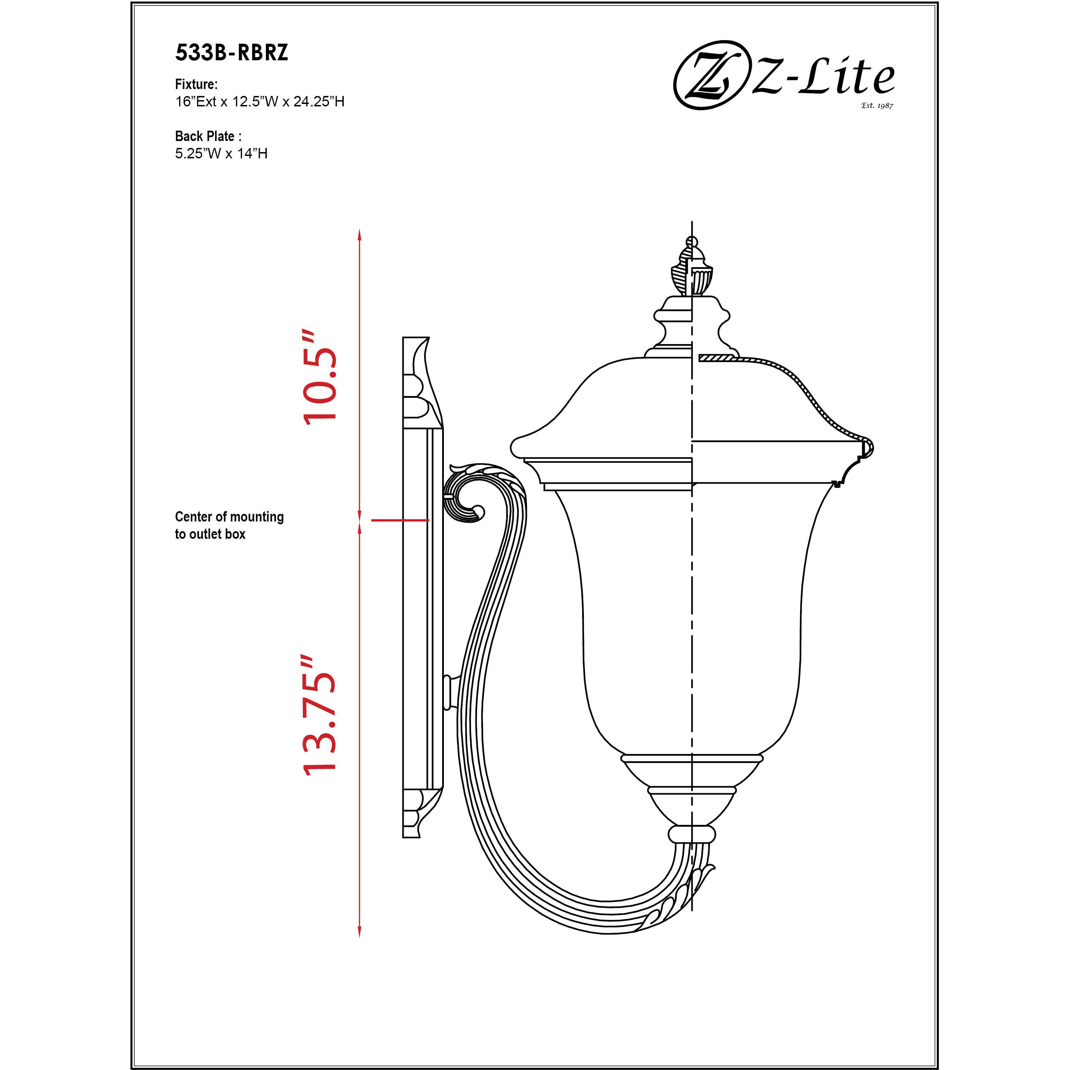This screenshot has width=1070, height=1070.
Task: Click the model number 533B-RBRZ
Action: (x=231, y=53)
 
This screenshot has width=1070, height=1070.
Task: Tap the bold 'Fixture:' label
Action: (x=196, y=84)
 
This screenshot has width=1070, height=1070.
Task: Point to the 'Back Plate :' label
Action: (x=208, y=136)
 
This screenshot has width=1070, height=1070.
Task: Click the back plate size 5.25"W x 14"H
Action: (x=221, y=154)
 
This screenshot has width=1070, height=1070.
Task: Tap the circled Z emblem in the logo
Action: (x=708, y=75)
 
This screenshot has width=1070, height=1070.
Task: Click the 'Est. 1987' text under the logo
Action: (x=877, y=105)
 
